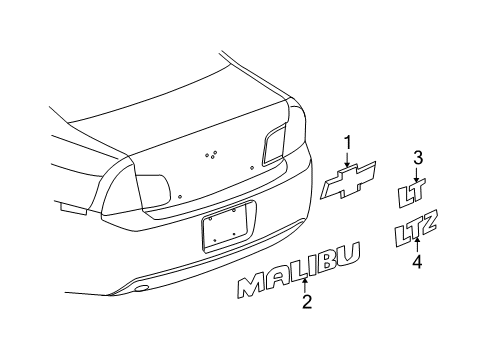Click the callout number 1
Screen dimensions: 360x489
tap(349, 143)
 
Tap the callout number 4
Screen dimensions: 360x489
tap(419, 261)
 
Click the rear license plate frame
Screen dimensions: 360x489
tap(229, 228)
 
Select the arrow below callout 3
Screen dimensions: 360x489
tap(419, 172)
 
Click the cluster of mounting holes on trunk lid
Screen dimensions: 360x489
tap(211, 154)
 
